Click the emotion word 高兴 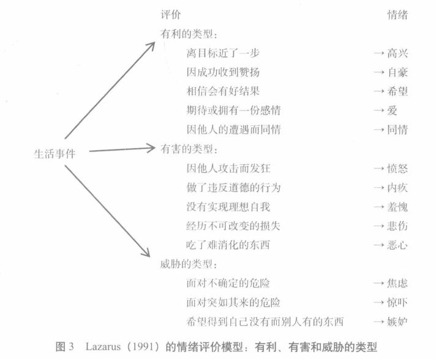397,53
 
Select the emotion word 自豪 397,72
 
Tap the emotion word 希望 397,91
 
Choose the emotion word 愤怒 397,168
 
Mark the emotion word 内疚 397,187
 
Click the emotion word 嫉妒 397,321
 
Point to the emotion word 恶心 397,245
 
